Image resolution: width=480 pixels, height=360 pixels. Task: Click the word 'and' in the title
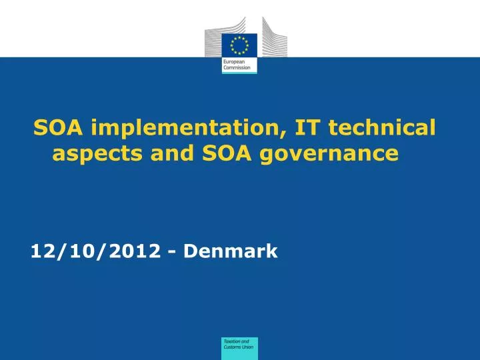169,155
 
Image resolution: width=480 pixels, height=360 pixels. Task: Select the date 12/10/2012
95,251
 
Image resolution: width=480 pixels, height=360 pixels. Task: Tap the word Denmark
230,251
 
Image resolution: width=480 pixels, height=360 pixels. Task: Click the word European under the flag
233,61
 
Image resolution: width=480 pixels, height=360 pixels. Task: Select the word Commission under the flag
235,67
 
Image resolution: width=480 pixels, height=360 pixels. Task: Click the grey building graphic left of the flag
213,39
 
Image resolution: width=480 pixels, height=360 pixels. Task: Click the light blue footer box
240,348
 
